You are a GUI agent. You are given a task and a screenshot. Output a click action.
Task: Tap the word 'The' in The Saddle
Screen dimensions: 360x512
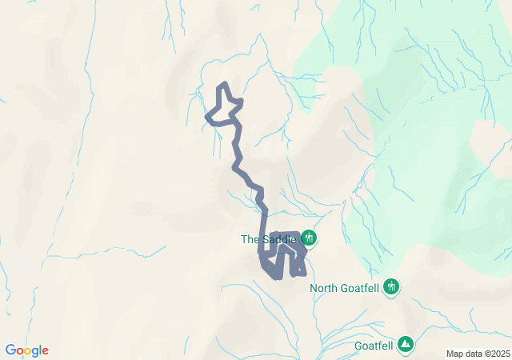click(x=250, y=239)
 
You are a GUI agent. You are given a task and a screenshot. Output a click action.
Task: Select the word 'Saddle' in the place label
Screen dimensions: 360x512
click(x=277, y=239)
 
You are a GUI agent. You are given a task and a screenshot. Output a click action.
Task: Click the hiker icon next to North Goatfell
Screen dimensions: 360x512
click(x=391, y=286)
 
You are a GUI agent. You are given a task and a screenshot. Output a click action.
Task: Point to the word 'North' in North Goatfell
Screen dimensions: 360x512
click(x=325, y=288)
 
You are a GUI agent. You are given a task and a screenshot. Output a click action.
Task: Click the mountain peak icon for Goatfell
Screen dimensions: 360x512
click(x=406, y=344)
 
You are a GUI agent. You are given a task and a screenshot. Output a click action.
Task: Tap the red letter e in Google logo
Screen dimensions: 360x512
click(x=45, y=351)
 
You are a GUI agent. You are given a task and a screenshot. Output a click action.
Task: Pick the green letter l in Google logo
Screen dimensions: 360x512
click(x=39, y=350)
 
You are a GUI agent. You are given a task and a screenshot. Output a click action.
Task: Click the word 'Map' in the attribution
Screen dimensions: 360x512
click(x=454, y=354)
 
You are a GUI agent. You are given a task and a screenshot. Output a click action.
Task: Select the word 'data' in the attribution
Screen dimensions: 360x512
click(x=472, y=354)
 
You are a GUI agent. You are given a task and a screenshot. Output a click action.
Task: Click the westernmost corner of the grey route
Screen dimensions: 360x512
click(x=208, y=118)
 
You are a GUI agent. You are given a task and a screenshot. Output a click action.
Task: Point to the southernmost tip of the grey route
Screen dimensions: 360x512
click(x=276, y=278)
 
